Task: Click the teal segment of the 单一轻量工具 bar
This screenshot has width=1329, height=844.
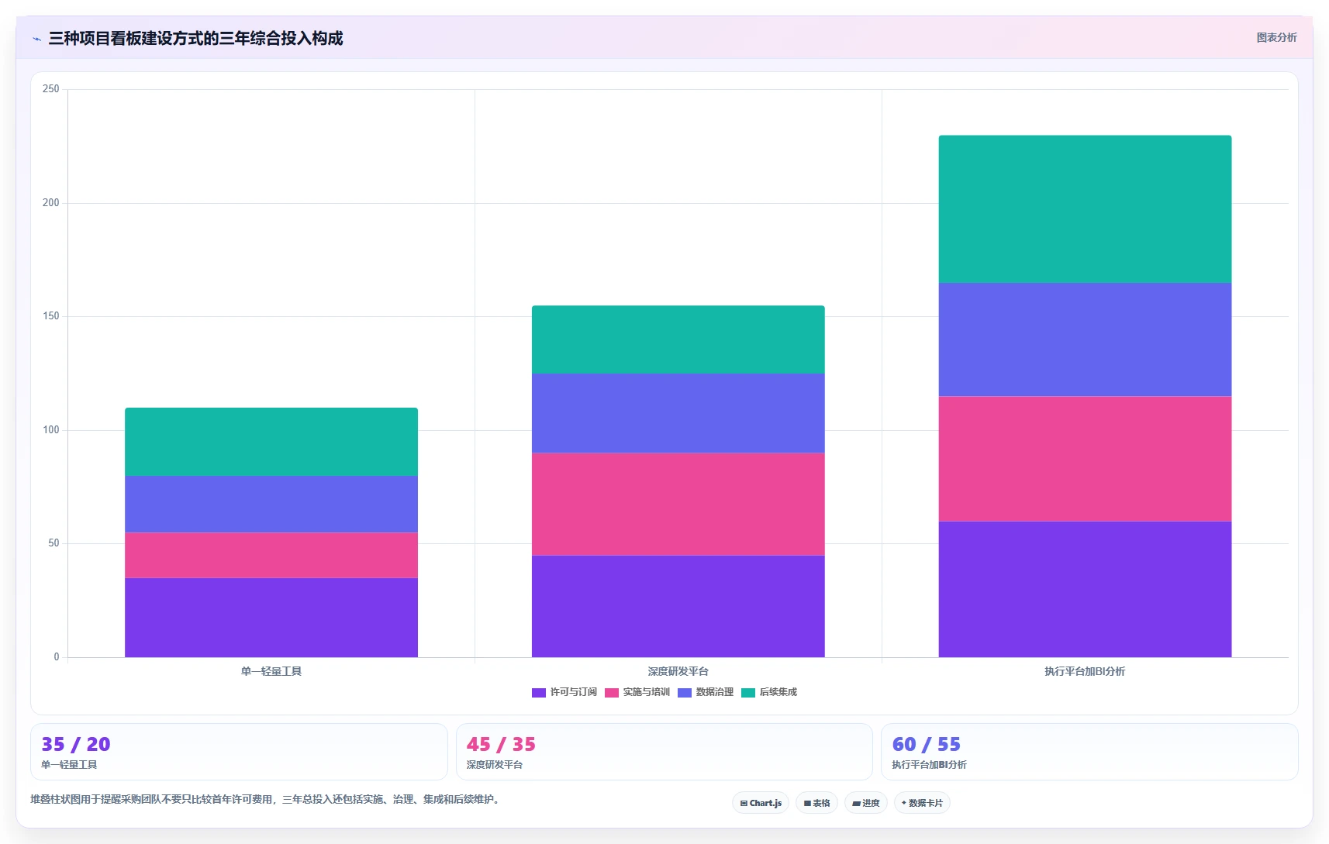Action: click(271, 441)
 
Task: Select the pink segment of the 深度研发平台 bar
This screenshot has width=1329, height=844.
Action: click(678, 504)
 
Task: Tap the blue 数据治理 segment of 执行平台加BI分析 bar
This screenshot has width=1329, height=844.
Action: click(1086, 339)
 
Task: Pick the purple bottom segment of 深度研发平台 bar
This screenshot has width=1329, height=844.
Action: click(678, 606)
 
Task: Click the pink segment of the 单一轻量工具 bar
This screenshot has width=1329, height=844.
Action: click(271, 555)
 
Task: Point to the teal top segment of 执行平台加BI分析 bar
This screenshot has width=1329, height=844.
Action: click(1086, 208)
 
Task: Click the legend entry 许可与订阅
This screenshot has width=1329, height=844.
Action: click(564, 692)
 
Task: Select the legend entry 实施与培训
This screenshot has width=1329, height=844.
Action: click(637, 692)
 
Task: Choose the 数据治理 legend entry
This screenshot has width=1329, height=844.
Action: click(706, 692)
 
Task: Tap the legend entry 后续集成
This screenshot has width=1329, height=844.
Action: click(769, 692)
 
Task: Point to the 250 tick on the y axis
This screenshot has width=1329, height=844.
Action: click(51, 89)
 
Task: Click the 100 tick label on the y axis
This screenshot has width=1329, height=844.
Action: click(51, 430)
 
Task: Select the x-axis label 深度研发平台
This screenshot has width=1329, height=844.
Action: click(678, 671)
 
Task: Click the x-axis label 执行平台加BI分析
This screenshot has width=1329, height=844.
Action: click(1086, 671)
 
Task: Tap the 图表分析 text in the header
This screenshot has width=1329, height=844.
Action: click(1277, 37)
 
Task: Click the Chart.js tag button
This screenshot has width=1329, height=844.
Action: click(761, 803)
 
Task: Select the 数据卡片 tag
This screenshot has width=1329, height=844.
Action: click(922, 803)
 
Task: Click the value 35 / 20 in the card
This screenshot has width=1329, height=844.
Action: click(76, 744)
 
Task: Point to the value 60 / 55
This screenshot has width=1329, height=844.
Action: click(926, 744)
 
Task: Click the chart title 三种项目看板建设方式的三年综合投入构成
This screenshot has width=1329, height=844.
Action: click(196, 39)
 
